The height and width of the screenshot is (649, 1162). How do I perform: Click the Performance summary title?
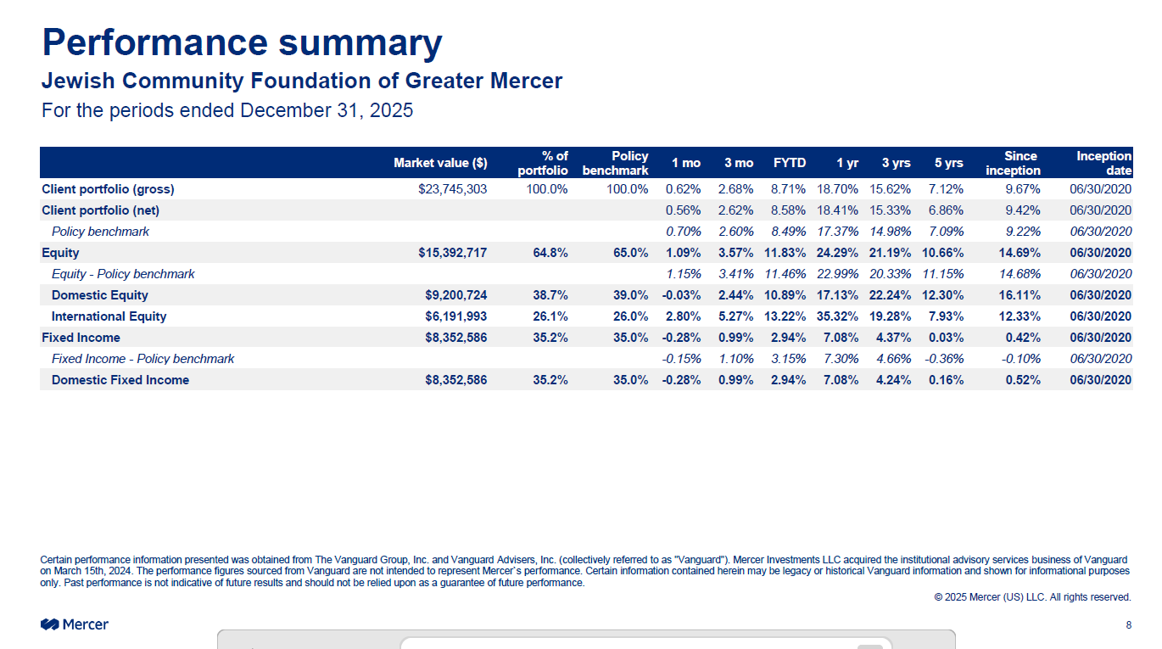pyautogui.click(x=242, y=42)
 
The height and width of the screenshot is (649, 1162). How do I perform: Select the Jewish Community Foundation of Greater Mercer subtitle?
pyautogui.click(x=302, y=81)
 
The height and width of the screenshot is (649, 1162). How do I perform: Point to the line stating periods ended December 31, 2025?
pyautogui.click(x=227, y=110)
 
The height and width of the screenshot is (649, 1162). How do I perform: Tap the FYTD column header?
pyautogui.click(x=790, y=163)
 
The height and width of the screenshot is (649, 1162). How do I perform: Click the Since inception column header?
pyautogui.click(x=1014, y=163)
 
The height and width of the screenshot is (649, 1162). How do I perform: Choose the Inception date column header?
pyautogui.click(x=1103, y=163)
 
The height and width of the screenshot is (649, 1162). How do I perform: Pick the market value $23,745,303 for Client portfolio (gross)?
pyautogui.click(x=453, y=189)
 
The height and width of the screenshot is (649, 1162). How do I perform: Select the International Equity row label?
pyautogui.click(x=109, y=316)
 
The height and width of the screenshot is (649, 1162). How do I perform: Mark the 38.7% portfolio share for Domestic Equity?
pyautogui.click(x=550, y=295)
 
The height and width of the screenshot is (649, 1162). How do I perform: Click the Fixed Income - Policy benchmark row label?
pyautogui.click(x=142, y=359)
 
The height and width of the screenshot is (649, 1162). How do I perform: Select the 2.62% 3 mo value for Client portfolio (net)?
pyautogui.click(x=735, y=210)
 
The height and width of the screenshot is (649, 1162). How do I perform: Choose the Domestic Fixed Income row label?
pyautogui.click(x=120, y=380)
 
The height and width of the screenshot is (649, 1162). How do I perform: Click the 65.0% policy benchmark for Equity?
pyautogui.click(x=630, y=253)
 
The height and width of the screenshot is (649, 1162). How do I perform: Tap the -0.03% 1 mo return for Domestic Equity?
pyautogui.click(x=681, y=295)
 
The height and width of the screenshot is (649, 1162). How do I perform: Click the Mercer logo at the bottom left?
pyautogui.click(x=75, y=624)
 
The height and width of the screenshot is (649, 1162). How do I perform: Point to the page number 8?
pyautogui.click(x=1128, y=625)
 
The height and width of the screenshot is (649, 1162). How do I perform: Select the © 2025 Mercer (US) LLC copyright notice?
pyautogui.click(x=1032, y=597)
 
